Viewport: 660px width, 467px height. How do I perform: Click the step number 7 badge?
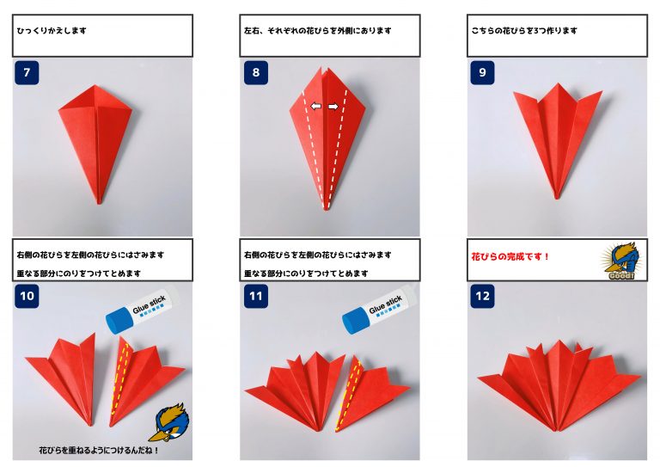tap(27, 72)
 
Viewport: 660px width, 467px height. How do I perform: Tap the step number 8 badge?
tap(256, 72)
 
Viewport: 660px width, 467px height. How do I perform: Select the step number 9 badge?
tap(482, 72)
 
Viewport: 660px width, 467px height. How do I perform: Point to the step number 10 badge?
tap(27, 296)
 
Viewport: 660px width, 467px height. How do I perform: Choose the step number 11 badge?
tap(256, 296)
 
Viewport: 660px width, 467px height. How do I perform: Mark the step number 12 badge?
tap(482, 296)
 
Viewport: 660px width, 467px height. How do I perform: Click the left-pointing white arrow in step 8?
tap(315, 106)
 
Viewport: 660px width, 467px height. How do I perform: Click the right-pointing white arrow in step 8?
tap(333, 107)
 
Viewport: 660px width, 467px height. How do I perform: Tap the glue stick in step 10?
tap(143, 310)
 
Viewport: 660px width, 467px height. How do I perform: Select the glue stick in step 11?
tap(379, 310)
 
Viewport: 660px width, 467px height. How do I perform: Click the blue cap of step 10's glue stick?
tap(119, 321)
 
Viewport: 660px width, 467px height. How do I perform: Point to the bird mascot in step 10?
tap(169, 422)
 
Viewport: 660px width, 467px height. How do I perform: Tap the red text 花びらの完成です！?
tap(510, 256)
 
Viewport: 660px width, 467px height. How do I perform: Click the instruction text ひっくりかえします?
tap(52, 31)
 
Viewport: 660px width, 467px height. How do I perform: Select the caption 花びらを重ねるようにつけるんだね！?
tap(99, 450)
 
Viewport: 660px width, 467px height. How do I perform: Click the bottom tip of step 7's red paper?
tap(100, 203)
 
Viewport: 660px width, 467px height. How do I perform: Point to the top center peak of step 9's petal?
tap(558, 83)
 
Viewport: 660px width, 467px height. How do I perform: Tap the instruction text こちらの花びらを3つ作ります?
tap(524, 31)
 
